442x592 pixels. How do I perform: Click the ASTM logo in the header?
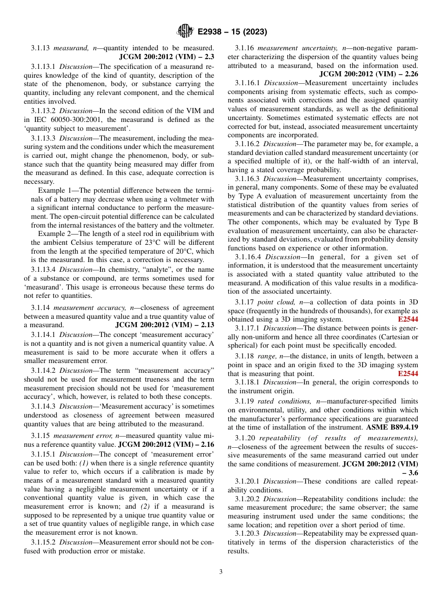pyautogui.click(x=185, y=32)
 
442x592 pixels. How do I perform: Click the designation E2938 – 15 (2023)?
pyautogui.click(x=232, y=32)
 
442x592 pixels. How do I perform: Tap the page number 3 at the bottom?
pyautogui.click(x=221, y=572)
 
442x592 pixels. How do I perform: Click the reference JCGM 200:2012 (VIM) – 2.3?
pyautogui.click(x=167, y=57)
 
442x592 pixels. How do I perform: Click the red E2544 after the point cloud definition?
pyautogui.click(x=408, y=319)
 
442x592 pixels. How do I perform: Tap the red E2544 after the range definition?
pyautogui.click(x=408, y=374)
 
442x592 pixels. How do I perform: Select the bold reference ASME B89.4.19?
pyautogui.click(x=392, y=426)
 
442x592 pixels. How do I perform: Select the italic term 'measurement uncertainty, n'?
pyautogui.click(x=301, y=48)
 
